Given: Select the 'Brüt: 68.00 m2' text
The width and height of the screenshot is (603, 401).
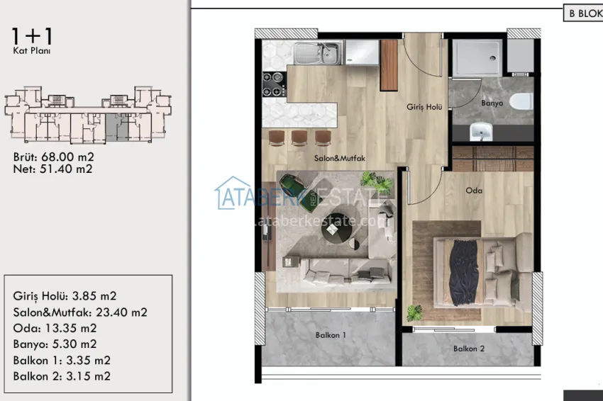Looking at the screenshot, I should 54,157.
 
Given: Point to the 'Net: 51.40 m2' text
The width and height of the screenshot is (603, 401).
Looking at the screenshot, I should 52,169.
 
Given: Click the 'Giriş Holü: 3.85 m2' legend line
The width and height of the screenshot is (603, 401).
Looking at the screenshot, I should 65,296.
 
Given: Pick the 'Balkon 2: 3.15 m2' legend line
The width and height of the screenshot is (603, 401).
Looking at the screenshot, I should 62,376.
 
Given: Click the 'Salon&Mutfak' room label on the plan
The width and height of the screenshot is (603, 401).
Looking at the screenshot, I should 339,159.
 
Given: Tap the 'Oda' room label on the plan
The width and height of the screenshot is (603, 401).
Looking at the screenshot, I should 474,190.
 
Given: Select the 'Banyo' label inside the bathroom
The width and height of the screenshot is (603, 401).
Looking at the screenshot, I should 492,103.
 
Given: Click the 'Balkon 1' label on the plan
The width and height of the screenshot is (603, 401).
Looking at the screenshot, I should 331,335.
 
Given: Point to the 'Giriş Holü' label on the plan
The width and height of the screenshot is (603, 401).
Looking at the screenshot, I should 424,107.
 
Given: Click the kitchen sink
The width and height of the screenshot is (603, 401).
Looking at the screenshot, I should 319,52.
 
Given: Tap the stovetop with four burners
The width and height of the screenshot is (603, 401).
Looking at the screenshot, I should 274,84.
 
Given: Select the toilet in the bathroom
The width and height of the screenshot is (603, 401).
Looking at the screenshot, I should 521,101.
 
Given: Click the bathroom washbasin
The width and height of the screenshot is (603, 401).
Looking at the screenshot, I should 482,131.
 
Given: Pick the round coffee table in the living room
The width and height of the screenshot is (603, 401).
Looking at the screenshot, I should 334,227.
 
